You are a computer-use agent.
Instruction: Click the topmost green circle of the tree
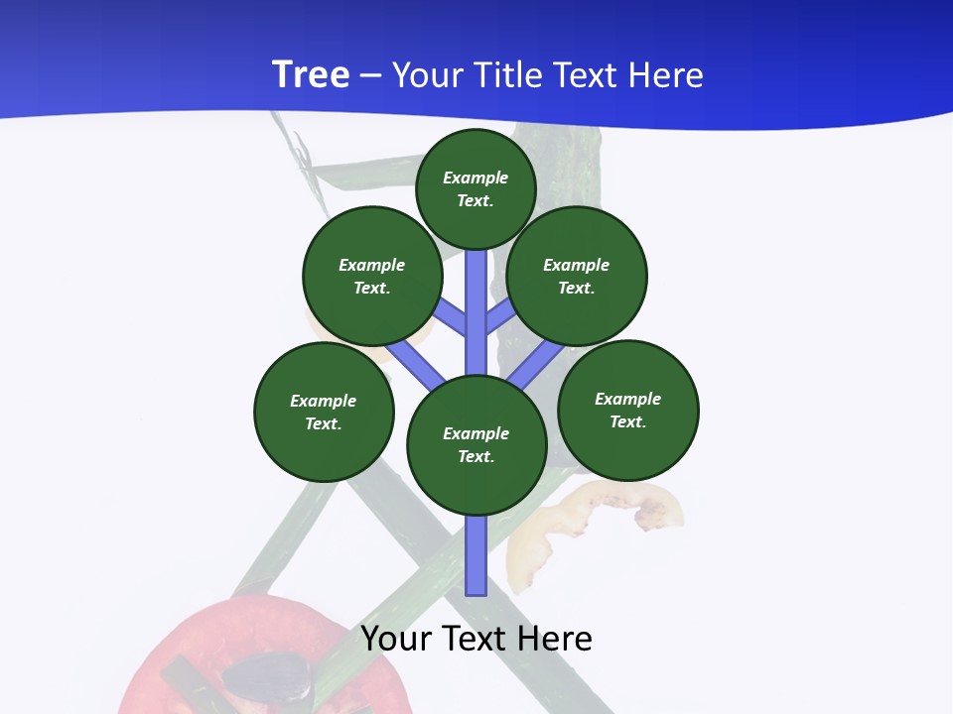click(476, 188)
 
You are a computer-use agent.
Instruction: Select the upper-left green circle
click(371, 276)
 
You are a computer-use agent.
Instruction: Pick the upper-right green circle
click(577, 276)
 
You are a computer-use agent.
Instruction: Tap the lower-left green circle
click(324, 412)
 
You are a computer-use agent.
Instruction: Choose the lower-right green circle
click(627, 410)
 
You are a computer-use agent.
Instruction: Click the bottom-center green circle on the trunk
click(476, 445)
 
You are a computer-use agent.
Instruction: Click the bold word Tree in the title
click(311, 74)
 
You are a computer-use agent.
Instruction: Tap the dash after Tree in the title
click(370, 75)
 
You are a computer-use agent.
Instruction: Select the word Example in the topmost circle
click(476, 178)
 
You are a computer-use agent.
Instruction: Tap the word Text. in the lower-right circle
click(627, 421)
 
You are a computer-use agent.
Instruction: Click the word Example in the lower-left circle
click(324, 401)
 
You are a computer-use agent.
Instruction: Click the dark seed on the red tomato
click(266, 678)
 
